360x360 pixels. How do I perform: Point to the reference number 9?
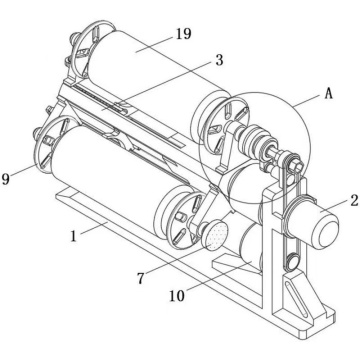pos(8,180)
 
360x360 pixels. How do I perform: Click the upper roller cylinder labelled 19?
pos(150,65)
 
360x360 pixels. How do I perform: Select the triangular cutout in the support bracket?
pos(301,300)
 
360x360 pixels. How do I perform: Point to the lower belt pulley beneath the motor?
pos(291,262)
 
